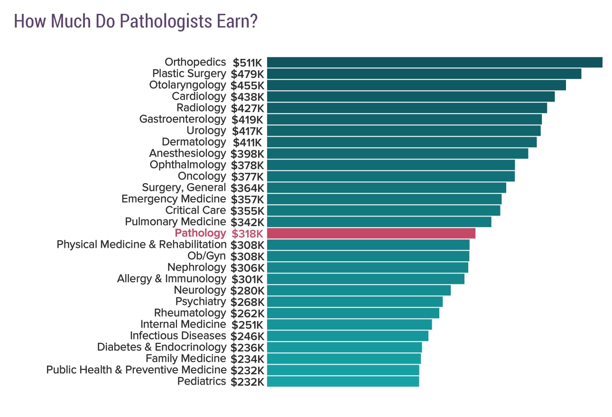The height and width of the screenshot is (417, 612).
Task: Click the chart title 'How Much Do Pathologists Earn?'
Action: [136, 22]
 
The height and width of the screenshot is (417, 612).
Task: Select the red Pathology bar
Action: [371, 233]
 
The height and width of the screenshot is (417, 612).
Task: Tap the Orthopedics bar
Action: [434, 62]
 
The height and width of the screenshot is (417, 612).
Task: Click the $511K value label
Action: [247, 62]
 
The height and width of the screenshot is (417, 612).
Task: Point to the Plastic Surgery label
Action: [189, 74]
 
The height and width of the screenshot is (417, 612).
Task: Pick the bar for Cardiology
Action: [410, 96]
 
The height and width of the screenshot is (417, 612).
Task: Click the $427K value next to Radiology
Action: [247, 108]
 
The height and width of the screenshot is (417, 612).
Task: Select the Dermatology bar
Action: [401, 142]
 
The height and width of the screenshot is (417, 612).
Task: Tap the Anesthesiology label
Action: [187, 153]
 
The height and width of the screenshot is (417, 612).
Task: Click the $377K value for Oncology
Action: [247, 176]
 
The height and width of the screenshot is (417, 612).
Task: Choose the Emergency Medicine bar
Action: [384, 199]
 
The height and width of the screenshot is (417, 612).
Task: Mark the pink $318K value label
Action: [247, 233]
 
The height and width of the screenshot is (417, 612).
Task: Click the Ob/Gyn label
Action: [207, 256]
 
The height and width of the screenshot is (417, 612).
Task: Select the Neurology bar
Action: [358, 290]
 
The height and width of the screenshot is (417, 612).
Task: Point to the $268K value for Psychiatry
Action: [247, 302]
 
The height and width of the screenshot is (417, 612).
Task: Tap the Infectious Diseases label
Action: [178, 336]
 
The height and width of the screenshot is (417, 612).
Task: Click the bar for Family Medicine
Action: [343, 359]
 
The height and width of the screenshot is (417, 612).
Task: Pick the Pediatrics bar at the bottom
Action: [343, 381]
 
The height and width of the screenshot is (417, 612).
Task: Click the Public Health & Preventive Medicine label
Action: [136, 370]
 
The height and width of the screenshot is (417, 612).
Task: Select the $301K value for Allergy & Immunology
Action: [247, 279]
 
